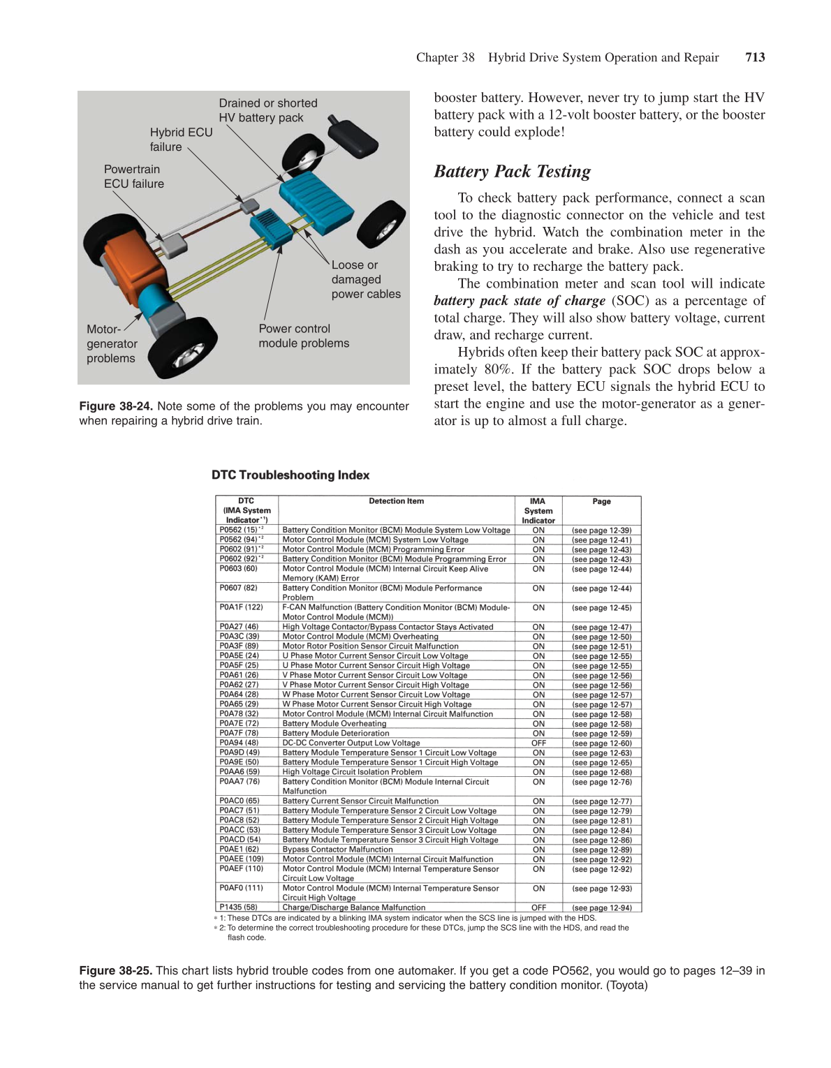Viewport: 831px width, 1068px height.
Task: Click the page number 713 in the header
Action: pyautogui.click(x=755, y=58)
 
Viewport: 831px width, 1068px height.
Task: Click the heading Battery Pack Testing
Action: pyautogui.click(x=512, y=172)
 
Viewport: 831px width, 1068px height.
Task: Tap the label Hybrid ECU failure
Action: pyautogui.click(x=180, y=140)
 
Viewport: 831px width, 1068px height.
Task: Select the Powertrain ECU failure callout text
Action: pyautogui.click(x=133, y=177)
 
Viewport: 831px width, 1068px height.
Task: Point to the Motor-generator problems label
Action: pyautogui.click(x=111, y=343)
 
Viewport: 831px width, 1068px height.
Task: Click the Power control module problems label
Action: pyautogui.click(x=303, y=336)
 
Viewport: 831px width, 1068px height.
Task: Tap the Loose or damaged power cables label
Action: pyautogui.click(x=365, y=280)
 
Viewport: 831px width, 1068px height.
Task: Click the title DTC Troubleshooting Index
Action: pyautogui.click(x=291, y=475)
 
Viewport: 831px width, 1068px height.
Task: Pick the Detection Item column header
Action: pyautogui.click(x=396, y=501)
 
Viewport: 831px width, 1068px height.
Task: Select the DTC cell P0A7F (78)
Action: pyautogui.click(x=239, y=734)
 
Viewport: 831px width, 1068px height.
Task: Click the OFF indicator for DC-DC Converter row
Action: pyautogui.click(x=538, y=743)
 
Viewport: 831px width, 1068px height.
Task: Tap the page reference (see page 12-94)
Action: pyautogui.click(x=601, y=907)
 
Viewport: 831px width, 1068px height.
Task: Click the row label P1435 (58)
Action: pyautogui.click(x=238, y=907)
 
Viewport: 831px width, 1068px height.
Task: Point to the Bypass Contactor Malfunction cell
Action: pyautogui.click(x=337, y=850)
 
